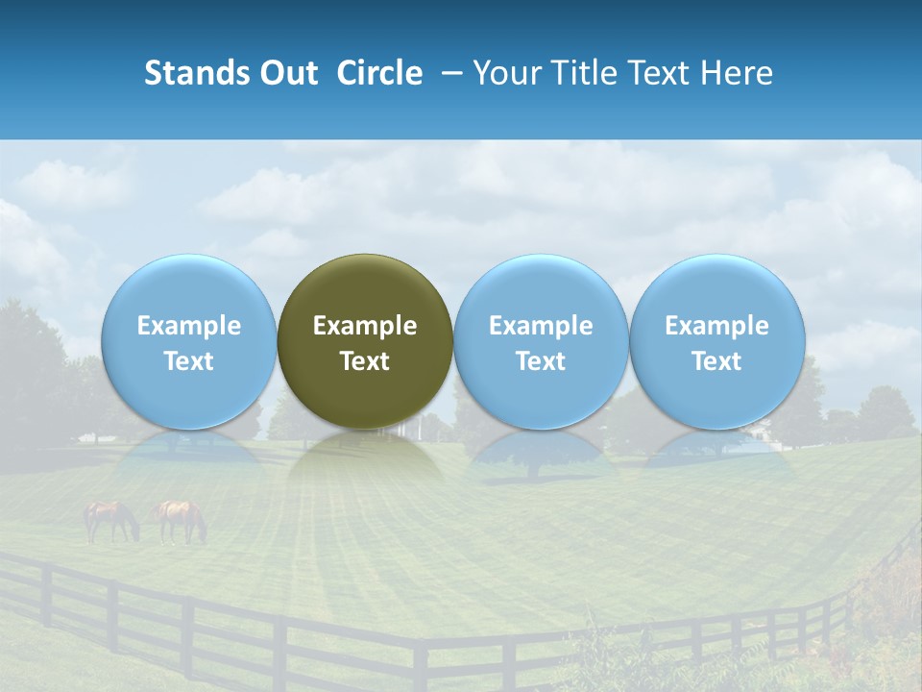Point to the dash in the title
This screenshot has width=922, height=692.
(449, 74)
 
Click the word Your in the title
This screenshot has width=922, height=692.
(503, 74)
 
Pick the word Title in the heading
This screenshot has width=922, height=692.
(575, 74)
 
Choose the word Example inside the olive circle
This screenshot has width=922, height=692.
(365, 326)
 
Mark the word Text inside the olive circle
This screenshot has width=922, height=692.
(365, 361)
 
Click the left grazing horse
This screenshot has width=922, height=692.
(110, 520)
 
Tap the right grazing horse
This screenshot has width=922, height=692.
(181, 519)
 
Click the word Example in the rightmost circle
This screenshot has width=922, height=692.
(717, 326)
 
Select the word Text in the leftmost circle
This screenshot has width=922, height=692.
(189, 361)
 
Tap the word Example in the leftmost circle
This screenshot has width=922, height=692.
(189, 326)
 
